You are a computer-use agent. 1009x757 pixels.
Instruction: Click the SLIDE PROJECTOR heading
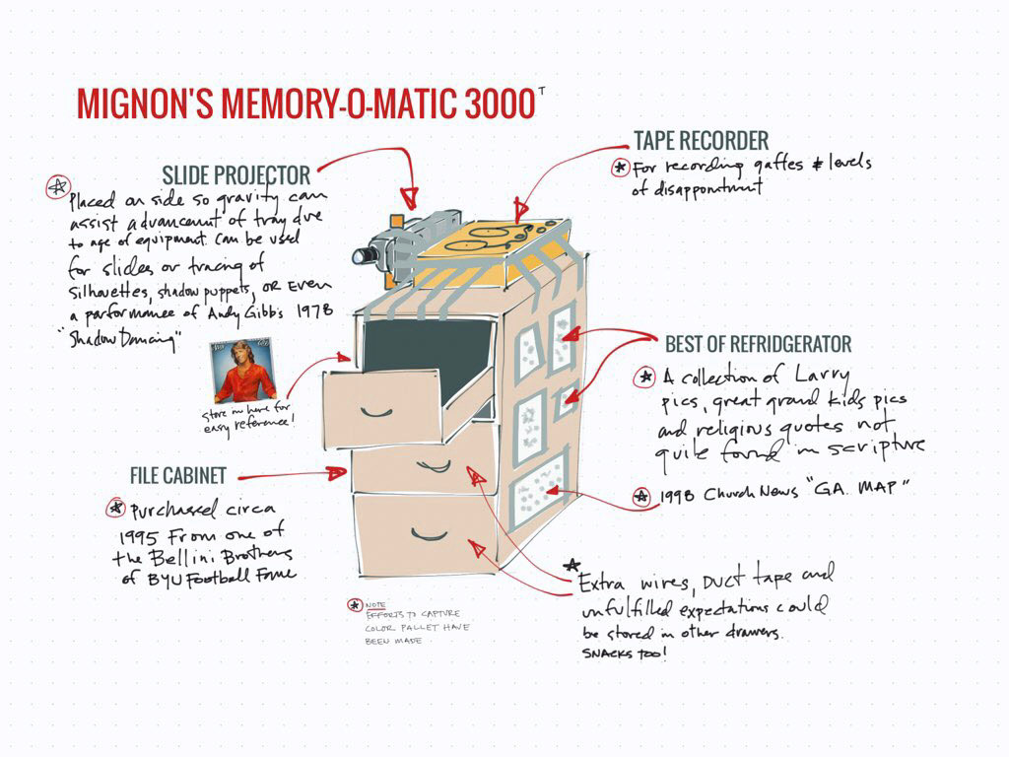pyautogui.click(x=236, y=175)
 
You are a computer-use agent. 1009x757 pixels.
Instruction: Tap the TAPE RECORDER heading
pyautogui.click(x=701, y=141)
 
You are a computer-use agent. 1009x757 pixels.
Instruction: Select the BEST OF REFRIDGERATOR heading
pyautogui.click(x=758, y=344)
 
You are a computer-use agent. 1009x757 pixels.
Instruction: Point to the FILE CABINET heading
pyautogui.click(x=177, y=475)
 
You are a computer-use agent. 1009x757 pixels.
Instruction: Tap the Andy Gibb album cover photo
pyautogui.click(x=242, y=371)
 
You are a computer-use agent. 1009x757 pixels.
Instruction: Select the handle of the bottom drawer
pyautogui.click(x=430, y=535)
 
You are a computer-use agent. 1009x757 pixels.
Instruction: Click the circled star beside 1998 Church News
pyautogui.click(x=640, y=497)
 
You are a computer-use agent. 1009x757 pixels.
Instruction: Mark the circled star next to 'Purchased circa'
pyautogui.click(x=116, y=509)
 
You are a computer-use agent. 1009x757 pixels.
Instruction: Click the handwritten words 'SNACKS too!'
pyautogui.click(x=623, y=654)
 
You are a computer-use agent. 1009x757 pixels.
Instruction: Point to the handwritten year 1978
pyautogui.click(x=313, y=310)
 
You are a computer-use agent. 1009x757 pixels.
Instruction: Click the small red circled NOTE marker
pyautogui.click(x=354, y=605)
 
